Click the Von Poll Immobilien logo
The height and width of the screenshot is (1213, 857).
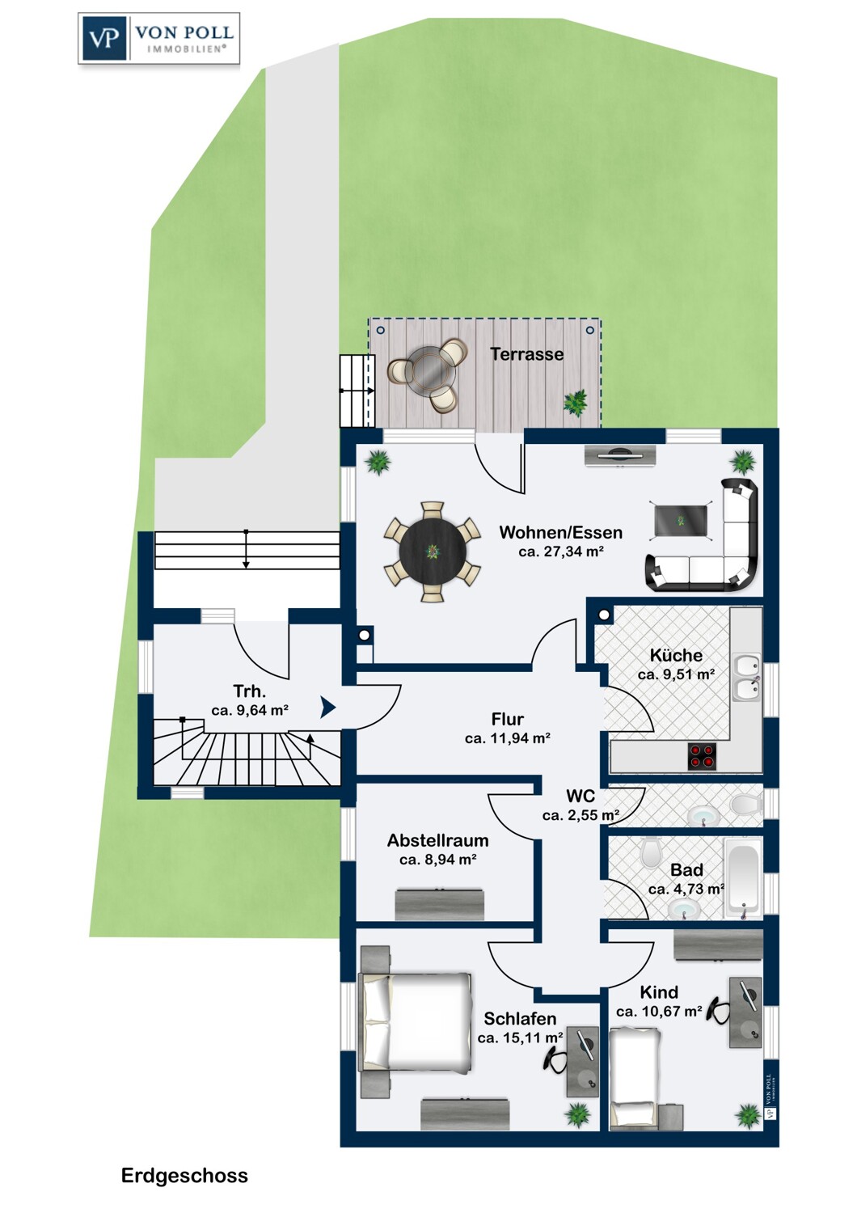click(x=158, y=39)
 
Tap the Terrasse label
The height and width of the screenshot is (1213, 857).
click(x=527, y=354)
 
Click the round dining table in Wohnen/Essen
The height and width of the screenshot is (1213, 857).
click(x=432, y=552)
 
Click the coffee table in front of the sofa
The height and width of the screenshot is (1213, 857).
click(x=681, y=521)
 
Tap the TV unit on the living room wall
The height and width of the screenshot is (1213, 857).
click(x=620, y=455)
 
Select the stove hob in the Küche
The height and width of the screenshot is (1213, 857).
click(x=702, y=756)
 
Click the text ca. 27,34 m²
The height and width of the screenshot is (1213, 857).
click(x=561, y=552)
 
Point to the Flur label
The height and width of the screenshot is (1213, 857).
click(x=507, y=719)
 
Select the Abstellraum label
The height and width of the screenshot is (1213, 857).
click(x=438, y=840)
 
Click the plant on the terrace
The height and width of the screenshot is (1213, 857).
click(x=574, y=403)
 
